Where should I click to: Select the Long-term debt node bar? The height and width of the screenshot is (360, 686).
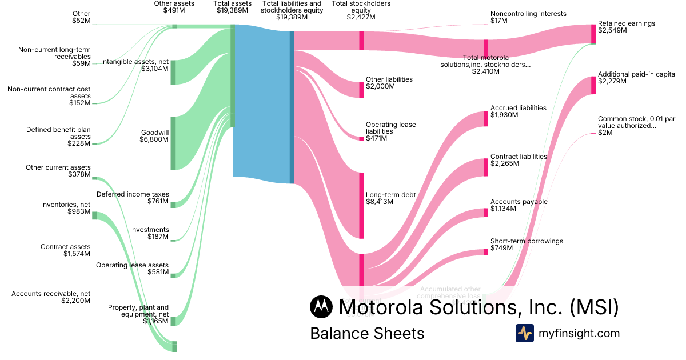[x=361, y=205]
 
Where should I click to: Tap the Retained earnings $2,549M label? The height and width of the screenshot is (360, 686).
[x=626, y=27]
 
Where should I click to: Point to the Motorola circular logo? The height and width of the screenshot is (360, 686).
[x=321, y=307]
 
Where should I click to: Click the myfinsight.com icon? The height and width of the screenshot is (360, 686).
[x=524, y=333]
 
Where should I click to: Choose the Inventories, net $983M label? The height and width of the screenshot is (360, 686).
[x=66, y=208]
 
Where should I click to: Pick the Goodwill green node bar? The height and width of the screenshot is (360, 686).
[x=173, y=143]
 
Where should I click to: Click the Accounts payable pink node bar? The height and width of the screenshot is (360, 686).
[x=486, y=213]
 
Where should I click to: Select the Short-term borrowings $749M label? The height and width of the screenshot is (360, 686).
[x=526, y=245]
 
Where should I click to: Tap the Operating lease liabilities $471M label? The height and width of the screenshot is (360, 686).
[x=390, y=131]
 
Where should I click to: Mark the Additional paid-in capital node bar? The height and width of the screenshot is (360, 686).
[x=593, y=85]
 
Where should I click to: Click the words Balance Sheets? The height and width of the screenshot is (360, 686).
[x=367, y=333]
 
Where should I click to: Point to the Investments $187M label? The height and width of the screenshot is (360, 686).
[x=149, y=233]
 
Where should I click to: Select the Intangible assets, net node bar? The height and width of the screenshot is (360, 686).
[x=173, y=72]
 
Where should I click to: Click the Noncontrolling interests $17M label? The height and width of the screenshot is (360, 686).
[x=528, y=17]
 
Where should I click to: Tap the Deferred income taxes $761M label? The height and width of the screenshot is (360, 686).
[x=133, y=198]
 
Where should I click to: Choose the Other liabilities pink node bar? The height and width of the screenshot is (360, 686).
[x=361, y=90]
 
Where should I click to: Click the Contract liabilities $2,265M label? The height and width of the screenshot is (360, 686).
[x=518, y=160]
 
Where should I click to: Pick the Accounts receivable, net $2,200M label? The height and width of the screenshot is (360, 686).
[x=51, y=297]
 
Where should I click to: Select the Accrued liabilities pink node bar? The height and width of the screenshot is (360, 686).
[x=486, y=119]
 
